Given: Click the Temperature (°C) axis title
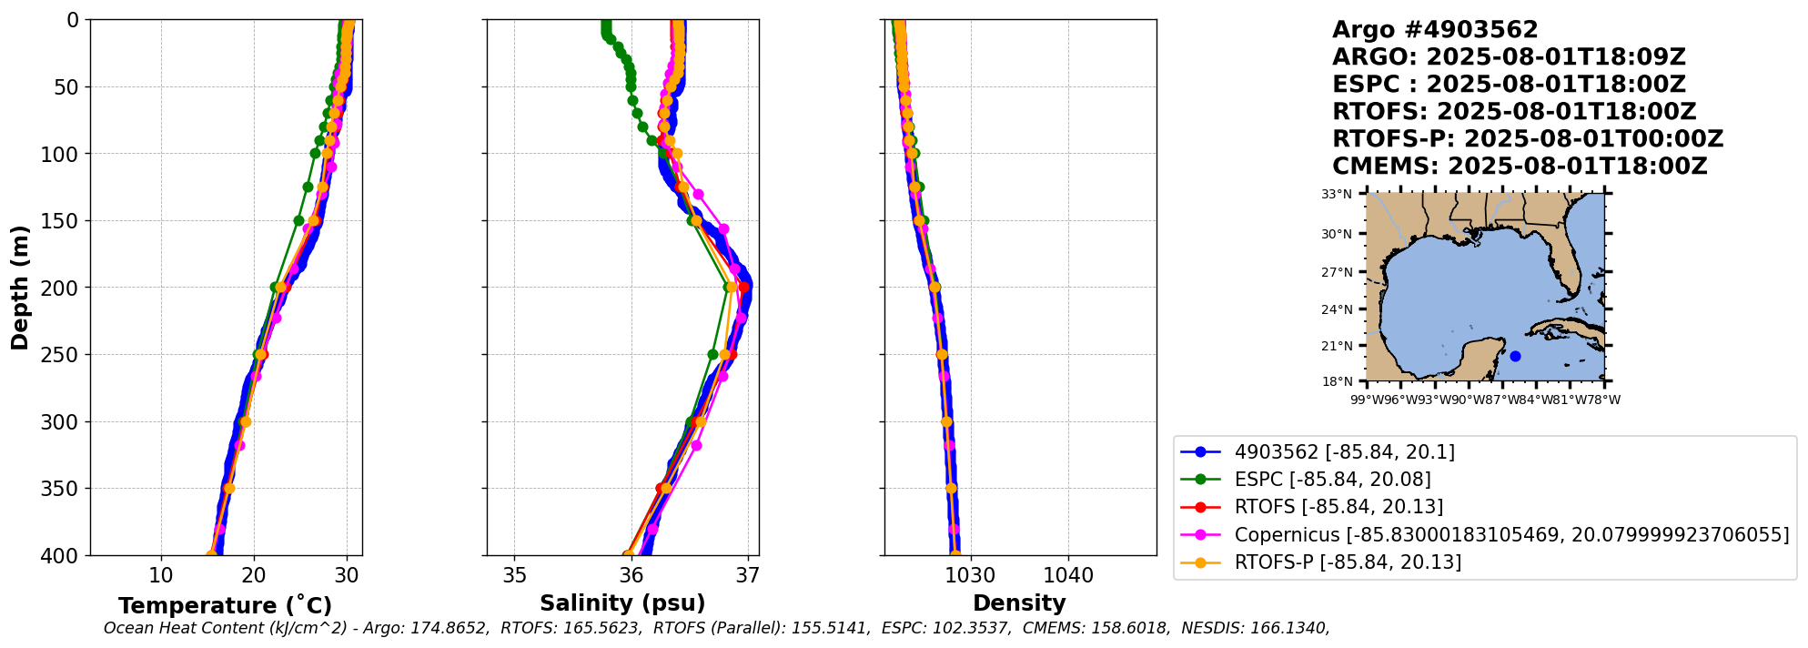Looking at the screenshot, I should pos(225,606).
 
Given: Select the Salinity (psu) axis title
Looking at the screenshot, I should pos(622,603).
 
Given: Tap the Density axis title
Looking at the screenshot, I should pos(1019,603).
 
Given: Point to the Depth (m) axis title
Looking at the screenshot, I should pos(19,288).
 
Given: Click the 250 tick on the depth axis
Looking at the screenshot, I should pos(61,355).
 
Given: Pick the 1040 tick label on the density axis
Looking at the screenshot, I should pos(1068,575).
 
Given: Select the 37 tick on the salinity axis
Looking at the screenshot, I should pos(748,575).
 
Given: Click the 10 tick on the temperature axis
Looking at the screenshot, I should pos(161,575).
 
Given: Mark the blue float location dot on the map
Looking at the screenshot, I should pos(1515,356).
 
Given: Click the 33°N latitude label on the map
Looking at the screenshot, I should pos(1337,194).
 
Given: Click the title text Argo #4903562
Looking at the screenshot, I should pos(1435,30).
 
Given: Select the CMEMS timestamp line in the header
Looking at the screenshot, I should pos(1520,167).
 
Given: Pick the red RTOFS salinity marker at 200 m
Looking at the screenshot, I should pos(743,288).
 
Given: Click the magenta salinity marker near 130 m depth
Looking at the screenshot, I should pos(698,194).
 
